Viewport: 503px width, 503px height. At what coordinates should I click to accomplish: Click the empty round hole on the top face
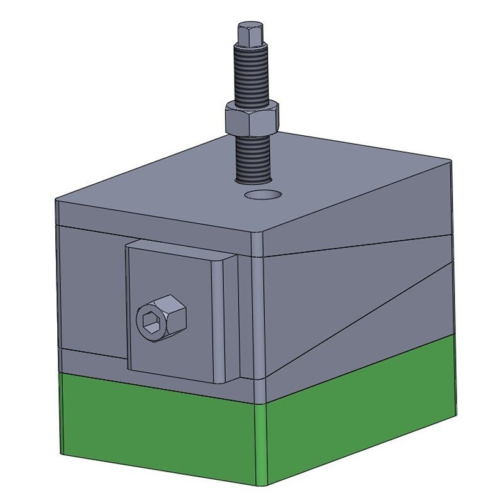[x=263, y=194]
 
